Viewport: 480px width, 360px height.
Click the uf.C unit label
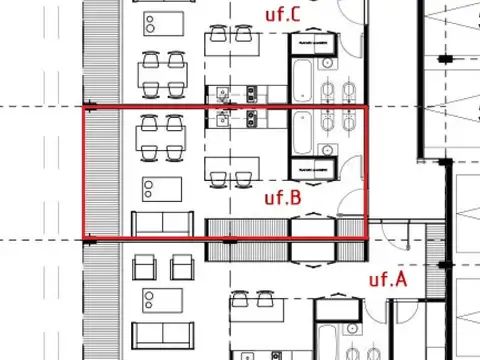pyautogui.click(x=282, y=14)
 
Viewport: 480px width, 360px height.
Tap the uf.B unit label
pyautogui.click(x=283, y=197)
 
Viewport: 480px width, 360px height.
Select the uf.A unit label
pyautogui.click(x=387, y=279)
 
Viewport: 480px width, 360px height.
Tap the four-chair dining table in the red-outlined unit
pyautogui.click(x=161, y=138)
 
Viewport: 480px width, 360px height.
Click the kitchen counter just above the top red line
pyautogui.click(x=233, y=96)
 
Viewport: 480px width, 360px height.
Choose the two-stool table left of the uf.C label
pyautogui.click(x=230, y=42)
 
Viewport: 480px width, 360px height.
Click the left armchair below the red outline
pyautogui.click(x=145, y=266)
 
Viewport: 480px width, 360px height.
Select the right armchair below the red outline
pyautogui.click(x=181, y=266)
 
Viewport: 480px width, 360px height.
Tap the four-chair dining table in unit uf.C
pyautogui.click(x=161, y=66)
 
